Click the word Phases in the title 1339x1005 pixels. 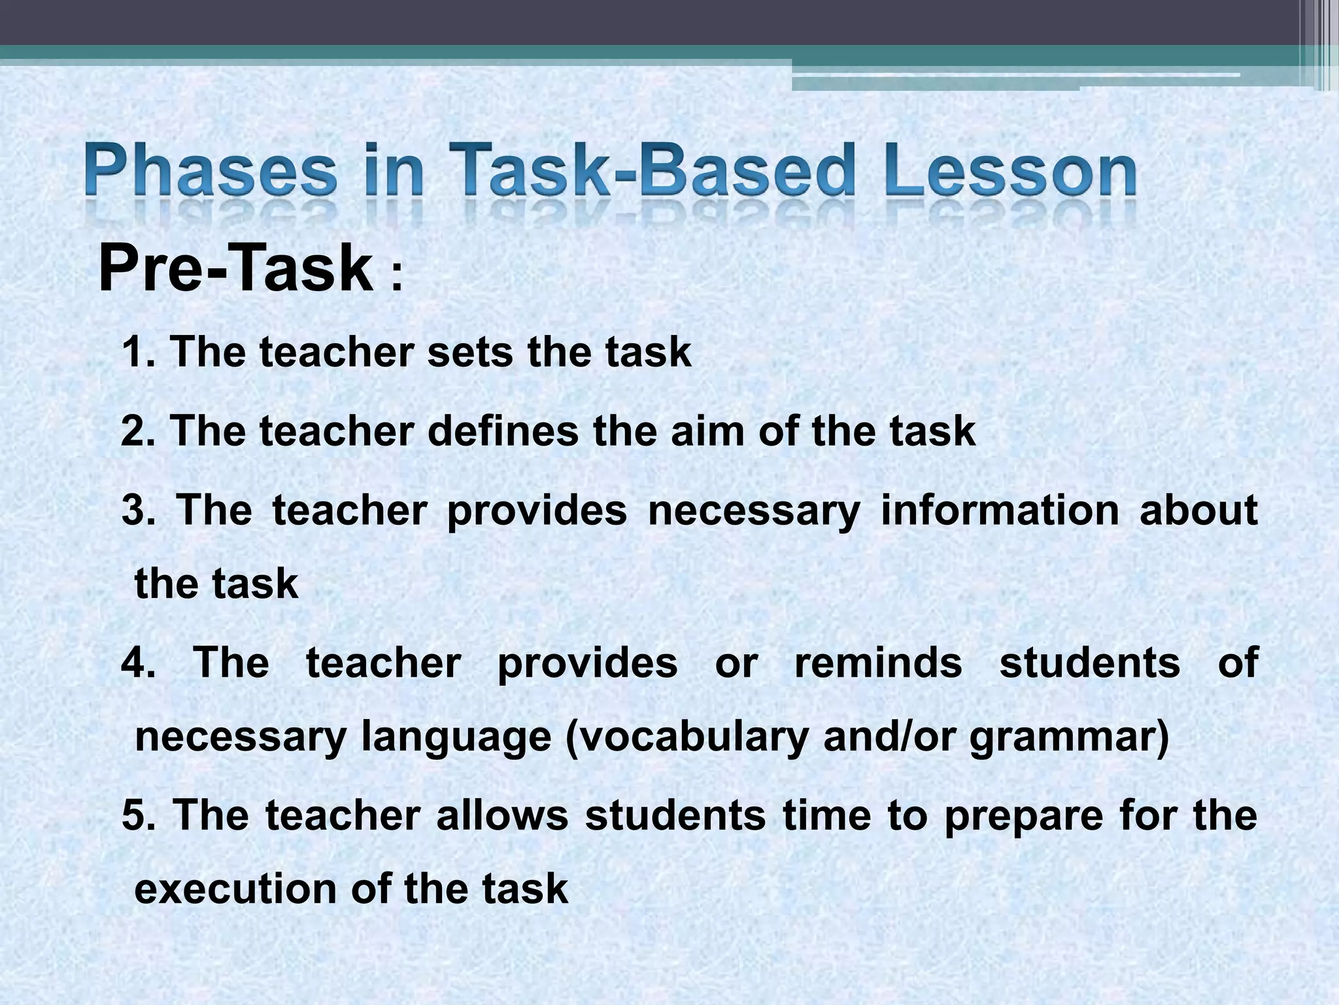(211, 171)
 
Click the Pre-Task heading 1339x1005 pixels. (235, 268)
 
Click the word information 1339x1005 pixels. (1000, 510)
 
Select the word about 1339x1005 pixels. (1198, 510)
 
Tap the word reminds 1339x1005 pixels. (878, 663)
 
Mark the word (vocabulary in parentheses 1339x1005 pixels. (686, 738)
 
